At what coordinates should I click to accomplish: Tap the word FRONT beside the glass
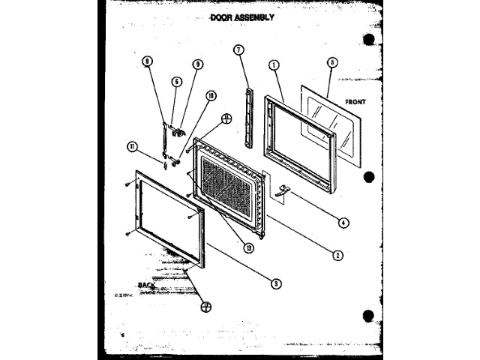click(x=355, y=100)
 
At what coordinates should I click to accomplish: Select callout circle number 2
click(x=338, y=255)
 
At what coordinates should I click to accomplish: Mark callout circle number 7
click(x=238, y=51)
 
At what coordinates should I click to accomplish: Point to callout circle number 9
click(x=198, y=64)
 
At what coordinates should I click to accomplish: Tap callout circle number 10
click(x=211, y=95)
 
